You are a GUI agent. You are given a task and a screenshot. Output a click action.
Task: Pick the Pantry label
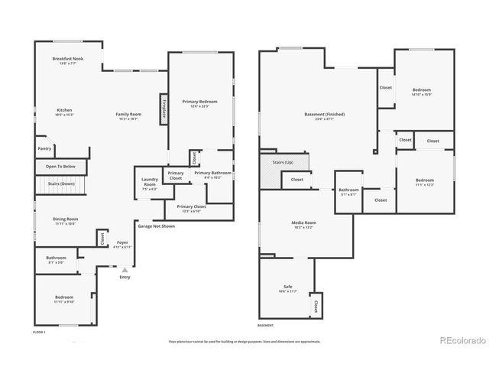point(44,149)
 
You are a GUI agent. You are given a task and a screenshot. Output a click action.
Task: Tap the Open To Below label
point(60,166)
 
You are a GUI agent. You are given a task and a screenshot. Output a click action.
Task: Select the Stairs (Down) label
point(61,184)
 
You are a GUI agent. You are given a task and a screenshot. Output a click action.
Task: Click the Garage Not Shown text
point(156,226)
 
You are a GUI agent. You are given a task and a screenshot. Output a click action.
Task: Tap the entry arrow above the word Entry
point(125,268)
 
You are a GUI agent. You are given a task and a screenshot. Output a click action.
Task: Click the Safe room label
point(288,288)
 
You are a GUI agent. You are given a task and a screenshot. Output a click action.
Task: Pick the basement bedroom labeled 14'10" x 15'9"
point(422,92)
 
